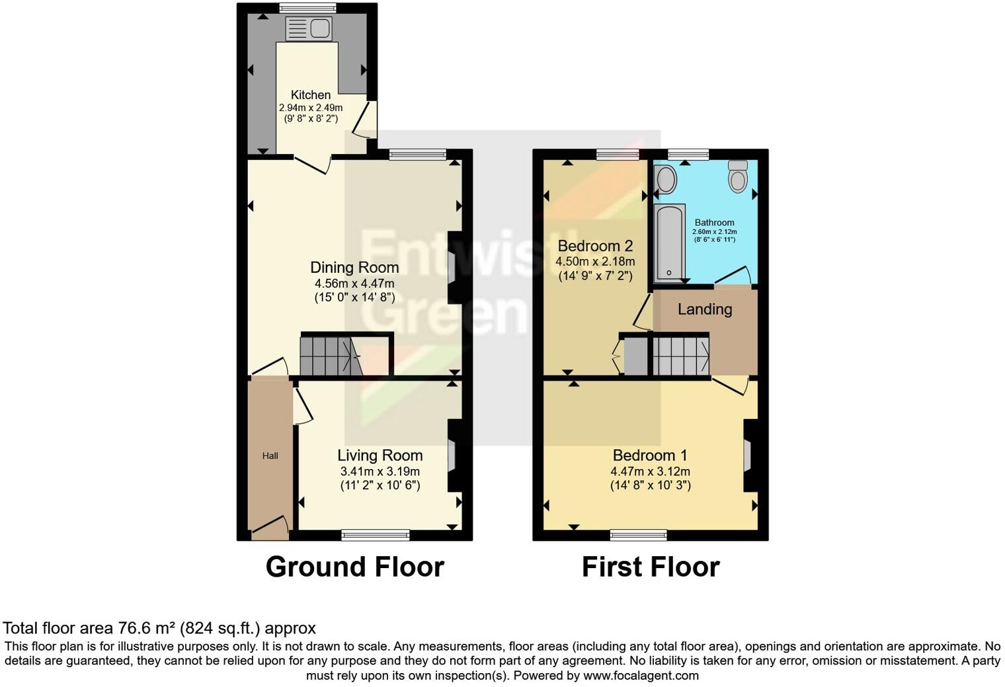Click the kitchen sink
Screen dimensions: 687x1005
point(309,28)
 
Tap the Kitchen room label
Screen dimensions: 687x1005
point(311,95)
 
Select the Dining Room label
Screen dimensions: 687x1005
point(354,268)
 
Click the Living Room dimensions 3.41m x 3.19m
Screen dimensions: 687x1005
point(380,472)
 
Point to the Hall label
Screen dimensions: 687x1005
point(270,456)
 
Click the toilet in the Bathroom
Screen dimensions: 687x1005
point(737,175)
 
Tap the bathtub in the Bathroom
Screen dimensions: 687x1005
point(669,242)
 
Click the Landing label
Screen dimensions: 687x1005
point(705,309)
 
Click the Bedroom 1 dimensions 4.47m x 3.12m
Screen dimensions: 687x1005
point(650,472)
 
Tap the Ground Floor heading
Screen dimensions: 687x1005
point(354,567)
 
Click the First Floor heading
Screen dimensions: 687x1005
point(651,567)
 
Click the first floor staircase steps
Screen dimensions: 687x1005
point(680,356)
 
